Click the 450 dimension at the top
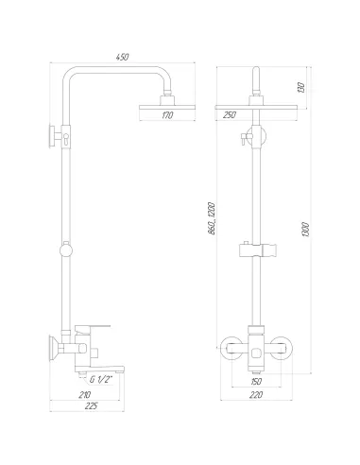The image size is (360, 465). click(123, 57)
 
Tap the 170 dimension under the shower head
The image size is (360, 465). click(167, 115)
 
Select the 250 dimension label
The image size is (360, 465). click(229, 115)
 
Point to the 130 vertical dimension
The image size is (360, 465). click(301, 87)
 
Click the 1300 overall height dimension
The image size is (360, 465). click(306, 230)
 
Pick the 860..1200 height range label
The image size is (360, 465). click(212, 218)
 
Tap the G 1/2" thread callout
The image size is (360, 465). click(101, 380)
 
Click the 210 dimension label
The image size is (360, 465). click(84, 395)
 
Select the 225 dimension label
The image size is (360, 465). click(92, 405)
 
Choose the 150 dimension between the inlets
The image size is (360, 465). click(256, 382)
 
